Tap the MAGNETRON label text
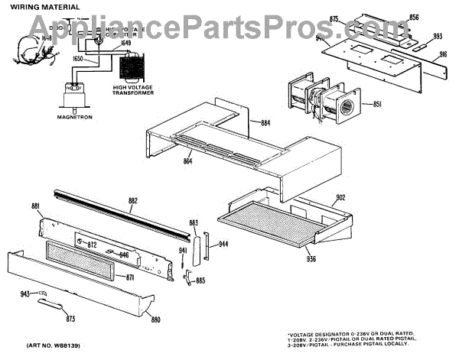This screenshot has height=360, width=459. point(75,118)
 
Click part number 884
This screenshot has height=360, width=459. point(265,122)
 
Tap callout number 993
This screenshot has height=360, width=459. point(437,36)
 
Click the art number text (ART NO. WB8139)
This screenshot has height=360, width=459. point(50,347)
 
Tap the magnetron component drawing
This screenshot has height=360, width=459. point(73,94)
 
